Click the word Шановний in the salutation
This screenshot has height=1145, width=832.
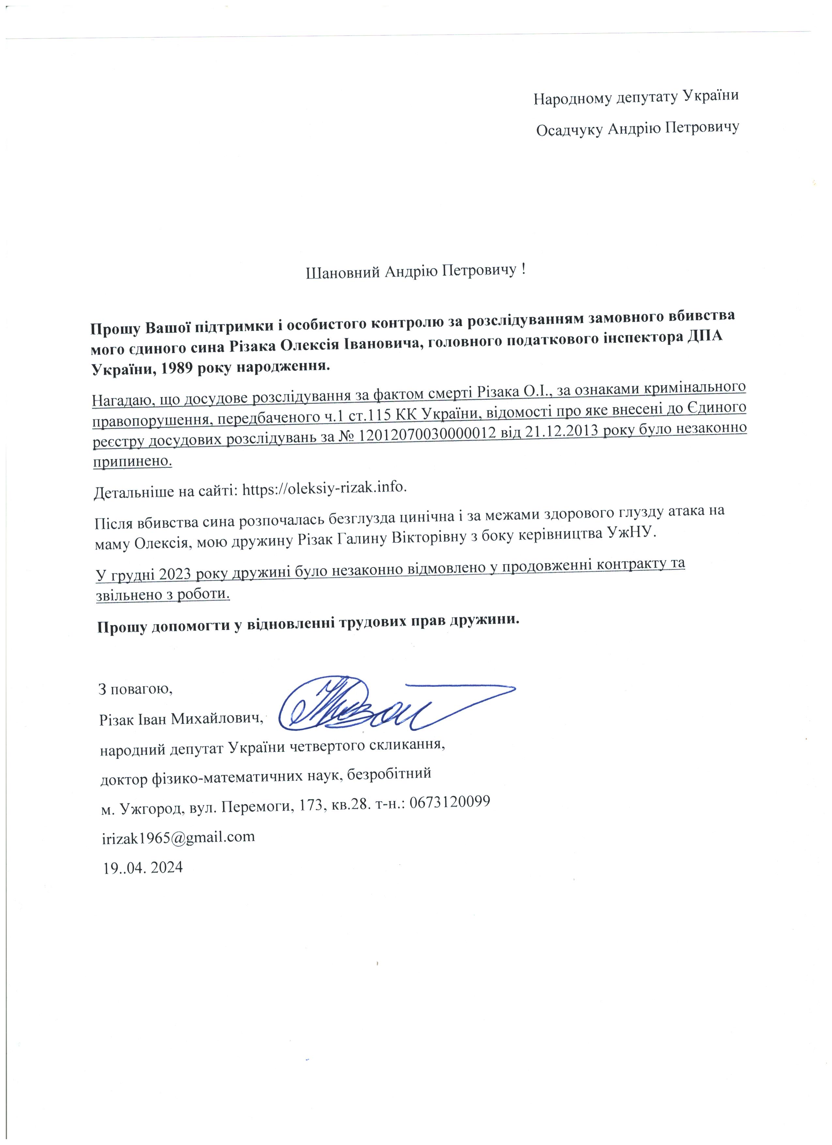point(343,272)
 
